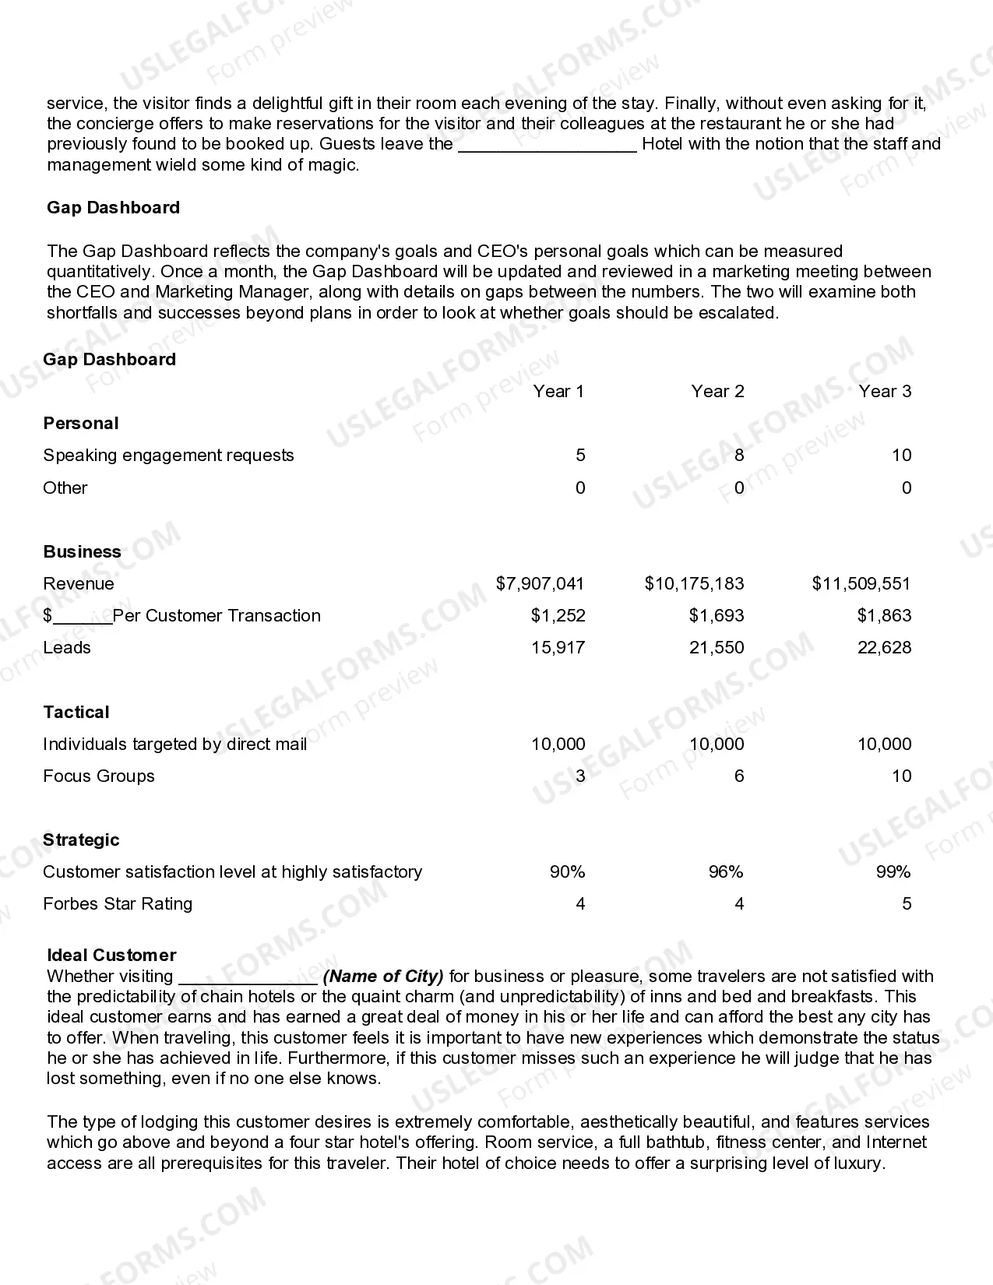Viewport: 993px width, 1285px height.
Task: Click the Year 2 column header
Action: pos(717,392)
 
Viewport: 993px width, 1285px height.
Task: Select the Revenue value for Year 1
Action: pos(540,584)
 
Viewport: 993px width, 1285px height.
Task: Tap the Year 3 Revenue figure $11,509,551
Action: pos(861,584)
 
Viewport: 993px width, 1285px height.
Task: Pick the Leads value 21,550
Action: pos(717,648)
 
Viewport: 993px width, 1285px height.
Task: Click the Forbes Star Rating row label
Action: pos(118,904)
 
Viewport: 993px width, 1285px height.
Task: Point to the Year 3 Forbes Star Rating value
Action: pos(906,904)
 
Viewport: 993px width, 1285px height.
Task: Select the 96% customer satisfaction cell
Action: pos(726,872)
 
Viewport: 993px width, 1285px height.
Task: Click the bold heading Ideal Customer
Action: pos(111,956)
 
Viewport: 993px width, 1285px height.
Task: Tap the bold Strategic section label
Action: pos(81,840)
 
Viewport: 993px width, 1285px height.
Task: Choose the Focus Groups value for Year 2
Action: pos(739,776)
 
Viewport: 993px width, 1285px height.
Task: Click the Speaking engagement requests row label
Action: pos(168,456)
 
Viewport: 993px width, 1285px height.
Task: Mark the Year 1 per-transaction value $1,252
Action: pos(558,616)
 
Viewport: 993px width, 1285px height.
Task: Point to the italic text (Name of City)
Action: pos(383,977)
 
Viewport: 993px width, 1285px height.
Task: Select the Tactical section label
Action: pos(76,713)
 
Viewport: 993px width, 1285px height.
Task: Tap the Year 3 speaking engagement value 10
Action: pos(901,456)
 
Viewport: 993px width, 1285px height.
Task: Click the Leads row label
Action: pos(67,648)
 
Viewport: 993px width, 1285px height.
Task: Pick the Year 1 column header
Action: pos(558,392)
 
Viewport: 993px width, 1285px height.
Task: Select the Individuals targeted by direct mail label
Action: pos(174,745)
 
